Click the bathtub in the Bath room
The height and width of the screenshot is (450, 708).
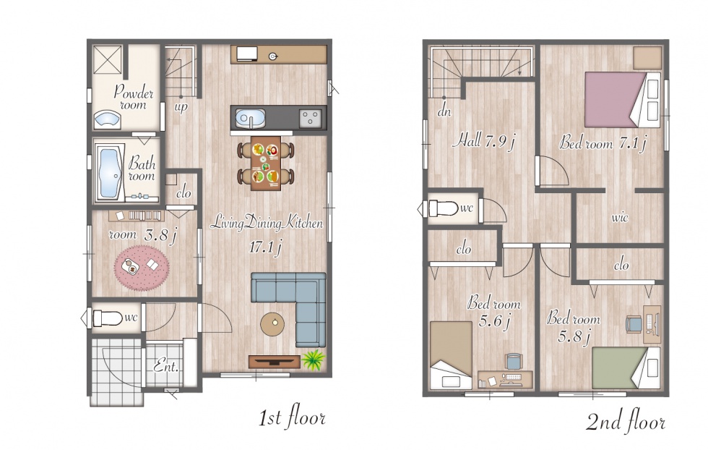(x=109, y=173)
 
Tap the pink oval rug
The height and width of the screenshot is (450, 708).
(x=142, y=267)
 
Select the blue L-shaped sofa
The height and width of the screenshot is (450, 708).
(x=293, y=303)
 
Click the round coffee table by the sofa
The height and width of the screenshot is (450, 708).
(x=273, y=324)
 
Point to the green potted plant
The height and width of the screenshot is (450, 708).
(x=313, y=360)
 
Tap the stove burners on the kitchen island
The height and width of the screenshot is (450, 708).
(x=310, y=119)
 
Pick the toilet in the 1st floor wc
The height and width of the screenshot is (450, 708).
(x=107, y=318)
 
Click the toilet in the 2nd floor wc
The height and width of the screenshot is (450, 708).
(x=443, y=208)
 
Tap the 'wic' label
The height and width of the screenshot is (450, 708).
(x=620, y=218)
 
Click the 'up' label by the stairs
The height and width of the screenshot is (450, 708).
(x=181, y=108)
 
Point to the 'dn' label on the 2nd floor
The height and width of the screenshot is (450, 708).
(x=444, y=111)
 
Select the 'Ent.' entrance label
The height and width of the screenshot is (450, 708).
(x=166, y=365)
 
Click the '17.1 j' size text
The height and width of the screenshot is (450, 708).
(x=266, y=247)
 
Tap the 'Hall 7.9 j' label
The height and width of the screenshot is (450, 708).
(x=483, y=141)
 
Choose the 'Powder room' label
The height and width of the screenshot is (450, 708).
(x=134, y=97)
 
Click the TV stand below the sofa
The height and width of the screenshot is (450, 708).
(x=275, y=361)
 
